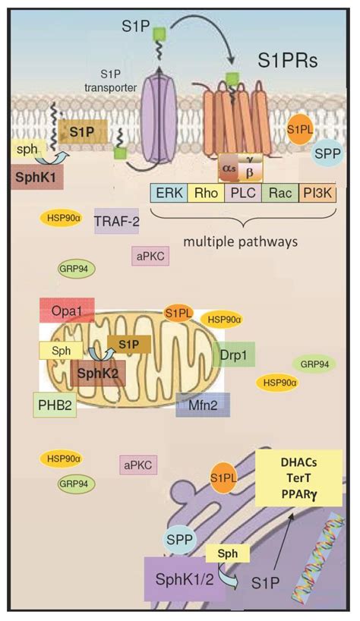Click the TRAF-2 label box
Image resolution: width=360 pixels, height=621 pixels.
pos(116,221)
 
